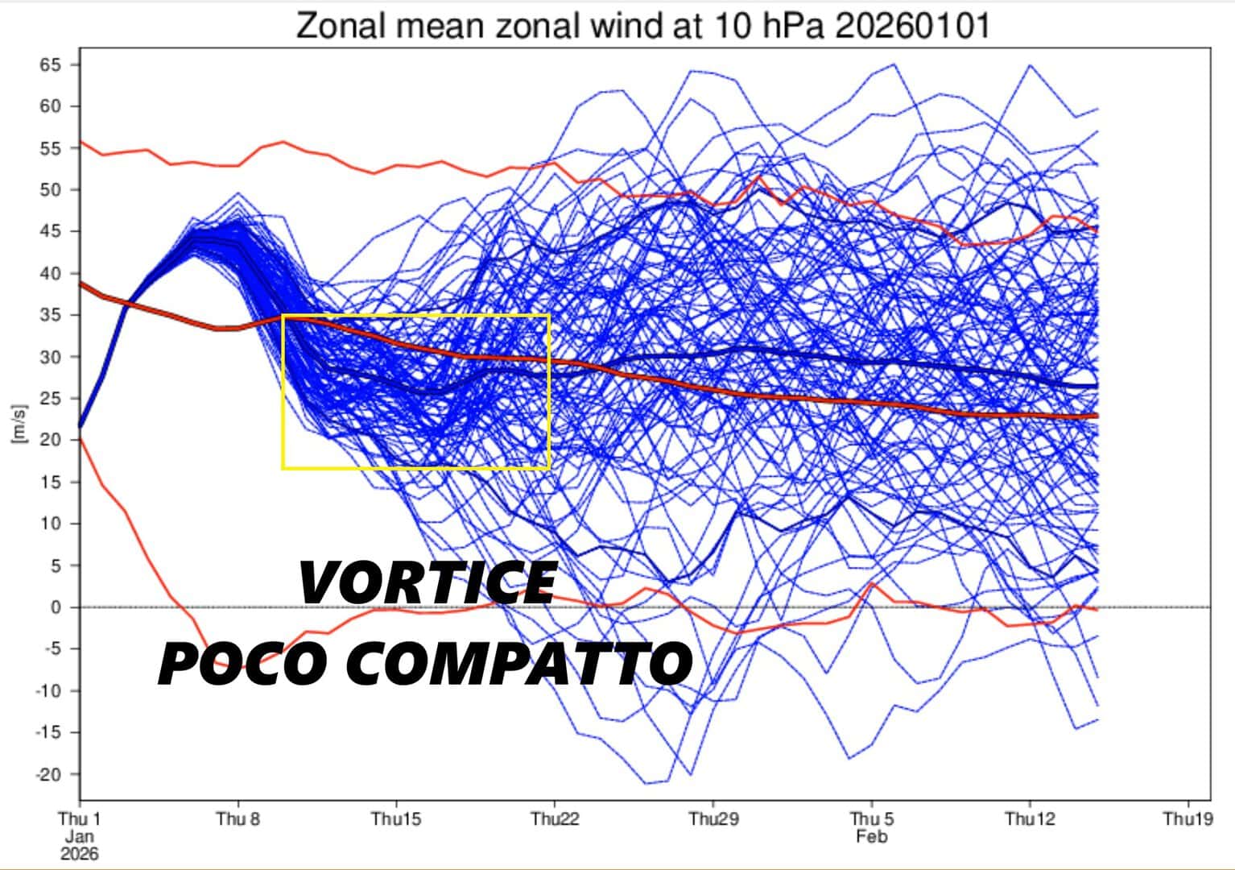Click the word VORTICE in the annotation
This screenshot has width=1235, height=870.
pos(427,582)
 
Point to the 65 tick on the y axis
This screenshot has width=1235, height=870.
pos(50,65)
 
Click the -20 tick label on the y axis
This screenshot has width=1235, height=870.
pos(48,775)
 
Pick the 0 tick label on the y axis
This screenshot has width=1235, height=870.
pos(56,607)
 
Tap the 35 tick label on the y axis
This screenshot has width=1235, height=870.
pos(50,315)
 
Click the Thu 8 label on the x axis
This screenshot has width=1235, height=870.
pos(237,818)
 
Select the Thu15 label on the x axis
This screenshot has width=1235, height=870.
pos(396,818)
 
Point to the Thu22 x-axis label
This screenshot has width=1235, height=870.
pos(555,818)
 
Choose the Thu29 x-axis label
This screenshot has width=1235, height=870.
pos(712,818)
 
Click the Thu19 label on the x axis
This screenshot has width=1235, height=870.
pos(1188,818)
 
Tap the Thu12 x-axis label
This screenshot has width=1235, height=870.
pos(1030,818)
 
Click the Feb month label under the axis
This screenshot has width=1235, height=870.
pos(872,837)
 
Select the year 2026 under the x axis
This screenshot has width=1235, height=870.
pos(80,855)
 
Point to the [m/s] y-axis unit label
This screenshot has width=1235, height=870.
pos(19,423)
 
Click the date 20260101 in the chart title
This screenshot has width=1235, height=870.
pos(912,26)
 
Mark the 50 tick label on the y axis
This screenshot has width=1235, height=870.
pos(50,190)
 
